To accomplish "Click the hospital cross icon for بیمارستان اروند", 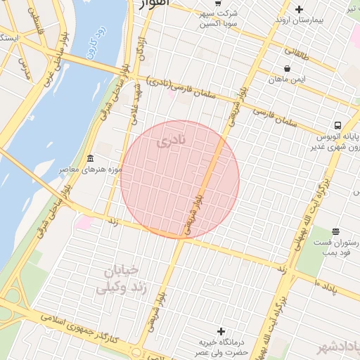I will point(300,9).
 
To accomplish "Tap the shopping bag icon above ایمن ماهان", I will point(287,68).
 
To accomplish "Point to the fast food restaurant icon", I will point(335,231).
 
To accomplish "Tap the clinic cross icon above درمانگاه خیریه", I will point(221,330).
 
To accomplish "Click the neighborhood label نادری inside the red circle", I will point(172,141).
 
